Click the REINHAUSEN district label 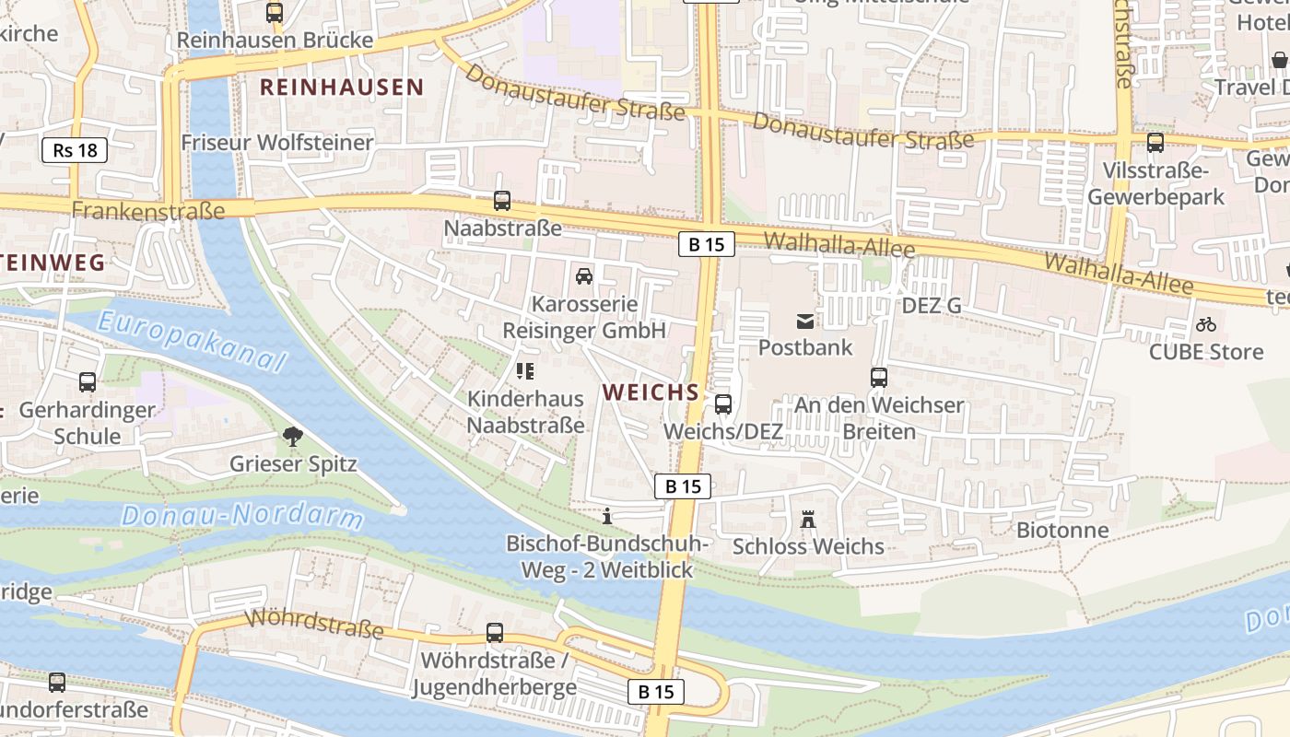pos(342,88)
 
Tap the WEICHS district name pos(651,392)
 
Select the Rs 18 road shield pos(75,150)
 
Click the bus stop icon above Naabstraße pos(502,200)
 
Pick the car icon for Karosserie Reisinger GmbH pos(583,275)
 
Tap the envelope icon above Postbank pos(805,321)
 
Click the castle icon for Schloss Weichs pos(808,520)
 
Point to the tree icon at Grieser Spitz pos(293,437)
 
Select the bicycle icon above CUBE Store pos(1205,324)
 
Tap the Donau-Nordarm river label pos(243,515)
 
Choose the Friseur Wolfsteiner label pos(277,142)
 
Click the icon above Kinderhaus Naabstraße pos(525,371)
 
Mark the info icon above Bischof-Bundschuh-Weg pos(606,516)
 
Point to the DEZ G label pos(931,305)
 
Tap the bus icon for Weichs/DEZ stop pos(723,404)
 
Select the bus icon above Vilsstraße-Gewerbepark pos(1155,143)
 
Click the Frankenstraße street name pos(148,211)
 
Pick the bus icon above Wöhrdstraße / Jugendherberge pos(495,633)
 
